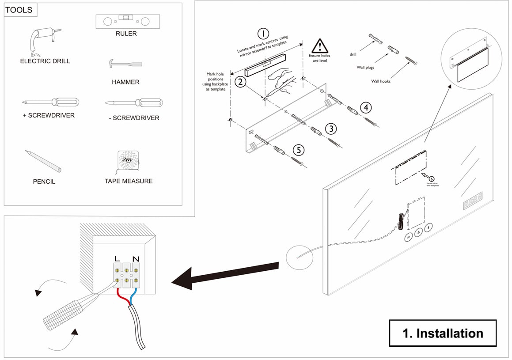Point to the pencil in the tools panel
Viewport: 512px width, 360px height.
43,161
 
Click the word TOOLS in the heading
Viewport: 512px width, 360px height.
19,10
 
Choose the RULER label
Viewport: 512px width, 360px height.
126,34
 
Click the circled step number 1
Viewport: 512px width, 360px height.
263,34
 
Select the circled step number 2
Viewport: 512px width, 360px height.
240,82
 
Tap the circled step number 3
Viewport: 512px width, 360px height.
331,129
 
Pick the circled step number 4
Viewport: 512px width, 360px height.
365,107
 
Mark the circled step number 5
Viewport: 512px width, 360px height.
299,150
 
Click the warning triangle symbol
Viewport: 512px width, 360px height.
319,46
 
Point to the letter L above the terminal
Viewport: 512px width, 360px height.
117,258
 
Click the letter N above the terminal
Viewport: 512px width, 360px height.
136,258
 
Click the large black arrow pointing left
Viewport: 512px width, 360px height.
225,276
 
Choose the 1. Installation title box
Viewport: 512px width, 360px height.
442,333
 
